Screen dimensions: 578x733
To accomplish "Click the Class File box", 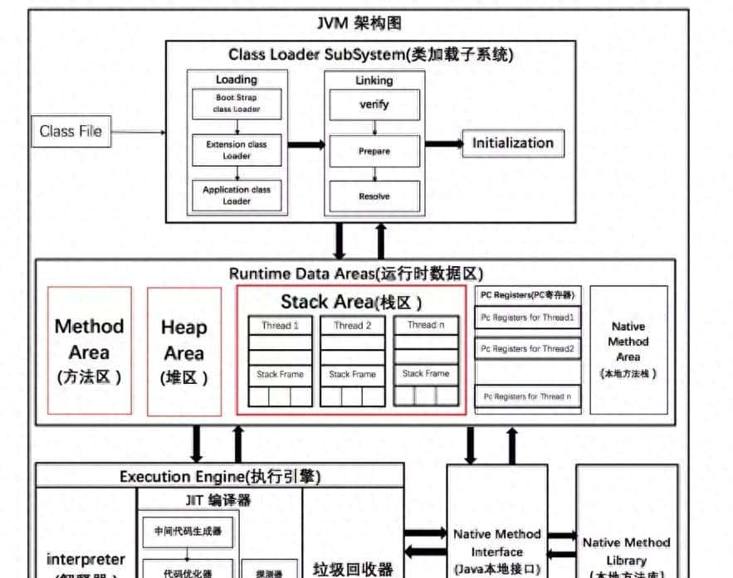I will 71,131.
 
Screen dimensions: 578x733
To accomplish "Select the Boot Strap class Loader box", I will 237,103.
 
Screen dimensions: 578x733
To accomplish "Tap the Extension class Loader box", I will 237,149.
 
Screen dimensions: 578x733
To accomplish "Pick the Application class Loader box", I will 237,195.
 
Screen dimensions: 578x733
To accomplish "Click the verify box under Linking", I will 374,105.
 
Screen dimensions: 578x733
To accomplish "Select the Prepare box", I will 374,151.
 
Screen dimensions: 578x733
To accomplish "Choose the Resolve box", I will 374,197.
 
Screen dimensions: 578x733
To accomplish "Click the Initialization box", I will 512,143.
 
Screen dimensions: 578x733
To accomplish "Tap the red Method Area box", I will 90,351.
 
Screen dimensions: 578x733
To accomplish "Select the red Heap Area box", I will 184,351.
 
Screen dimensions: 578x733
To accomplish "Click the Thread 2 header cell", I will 352,326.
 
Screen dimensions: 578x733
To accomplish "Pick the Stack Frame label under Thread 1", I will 280,374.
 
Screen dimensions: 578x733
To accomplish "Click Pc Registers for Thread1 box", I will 528,317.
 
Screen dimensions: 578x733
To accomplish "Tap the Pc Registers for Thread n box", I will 528,396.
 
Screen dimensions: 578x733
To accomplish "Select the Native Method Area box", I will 628,349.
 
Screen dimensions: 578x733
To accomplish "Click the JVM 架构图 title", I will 359,22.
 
